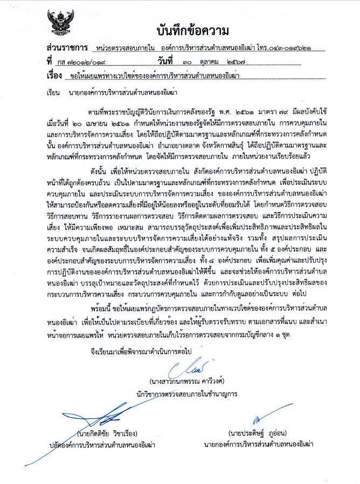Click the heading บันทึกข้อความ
(193, 29)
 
